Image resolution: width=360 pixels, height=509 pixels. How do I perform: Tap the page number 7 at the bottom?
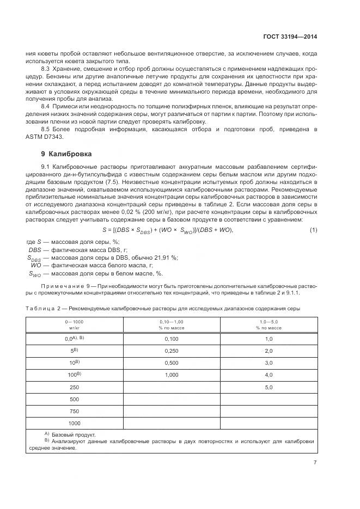pos(315,463)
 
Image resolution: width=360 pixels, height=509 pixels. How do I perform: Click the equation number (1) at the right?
pos(313,230)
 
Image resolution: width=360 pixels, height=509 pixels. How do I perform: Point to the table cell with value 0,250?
pos(172,351)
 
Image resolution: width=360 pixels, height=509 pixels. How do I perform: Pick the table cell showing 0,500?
pos(172,363)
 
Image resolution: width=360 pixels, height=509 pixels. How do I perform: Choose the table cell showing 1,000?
pos(172,375)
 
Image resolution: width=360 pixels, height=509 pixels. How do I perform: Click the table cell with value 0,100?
pos(172,339)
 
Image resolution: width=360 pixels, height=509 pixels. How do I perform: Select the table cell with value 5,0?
pos(268,387)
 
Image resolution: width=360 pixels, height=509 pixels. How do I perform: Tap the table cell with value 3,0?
pos(268,363)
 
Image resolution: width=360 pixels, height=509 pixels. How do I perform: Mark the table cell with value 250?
pos(75,387)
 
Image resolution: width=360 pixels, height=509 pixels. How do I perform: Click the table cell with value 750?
pos(75,411)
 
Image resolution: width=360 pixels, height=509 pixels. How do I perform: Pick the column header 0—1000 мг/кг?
pos(75,325)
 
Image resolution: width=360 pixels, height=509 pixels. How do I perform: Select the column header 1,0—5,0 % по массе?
pos(268,325)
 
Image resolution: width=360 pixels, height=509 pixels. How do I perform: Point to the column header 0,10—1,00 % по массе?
pos(172,325)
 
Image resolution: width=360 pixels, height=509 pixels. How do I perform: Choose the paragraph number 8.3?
pos(46,69)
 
